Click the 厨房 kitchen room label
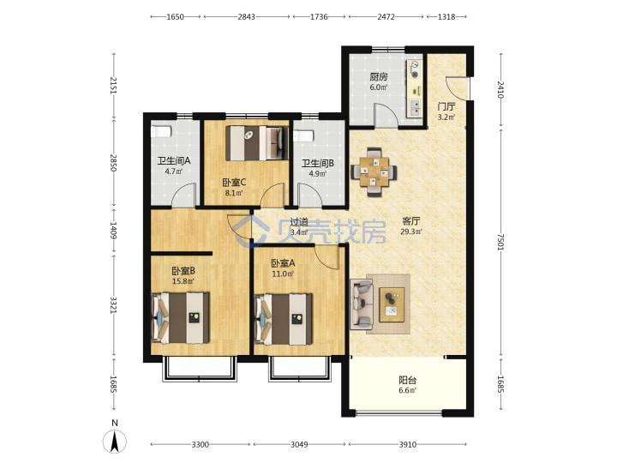[x=378, y=76]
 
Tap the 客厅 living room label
[x=411, y=221]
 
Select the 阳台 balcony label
[x=408, y=381]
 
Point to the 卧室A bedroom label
[x=283, y=263]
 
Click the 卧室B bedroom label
[x=183, y=271]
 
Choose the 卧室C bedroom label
[x=234, y=183]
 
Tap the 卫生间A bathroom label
[x=174, y=160]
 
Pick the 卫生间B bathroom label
[x=318, y=163]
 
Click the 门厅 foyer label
[x=446, y=106]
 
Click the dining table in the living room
[x=374, y=171]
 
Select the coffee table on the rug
[x=392, y=304]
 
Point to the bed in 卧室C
[x=256, y=143]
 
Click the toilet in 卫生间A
[x=161, y=131]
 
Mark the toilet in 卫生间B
[x=303, y=135]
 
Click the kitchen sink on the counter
[x=415, y=106]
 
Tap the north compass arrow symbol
[x=115, y=442]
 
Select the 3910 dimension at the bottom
[x=408, y=444]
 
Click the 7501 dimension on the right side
[x=500, y=242]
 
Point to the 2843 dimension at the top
[x=246, y=16]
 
